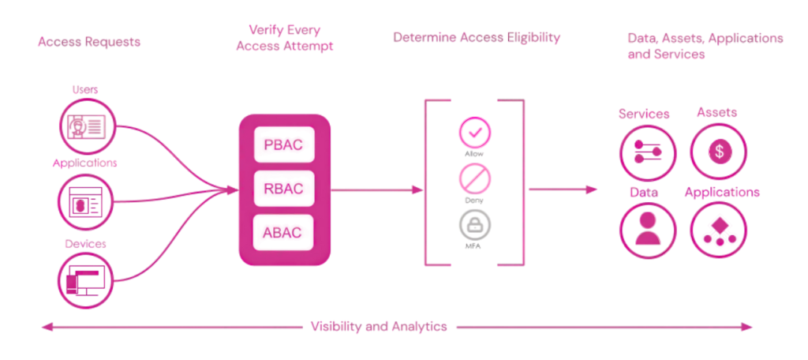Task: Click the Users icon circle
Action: point(87,126)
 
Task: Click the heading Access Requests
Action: point(88,42)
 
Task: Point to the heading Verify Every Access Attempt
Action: point(284,39)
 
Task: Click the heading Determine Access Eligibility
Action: point(477,37)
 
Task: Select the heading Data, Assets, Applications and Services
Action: point(705,46)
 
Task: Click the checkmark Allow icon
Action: point(475,131)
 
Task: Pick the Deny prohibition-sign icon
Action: point(475,178)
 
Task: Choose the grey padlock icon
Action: point(475,224)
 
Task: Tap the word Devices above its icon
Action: point(85,244)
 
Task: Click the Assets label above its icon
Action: point(716,112)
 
